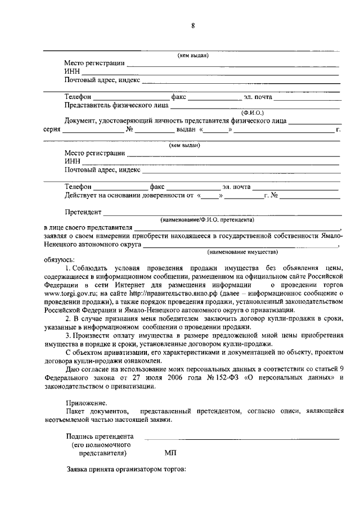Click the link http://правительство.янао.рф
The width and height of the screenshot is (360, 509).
(x=170, y=293)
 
